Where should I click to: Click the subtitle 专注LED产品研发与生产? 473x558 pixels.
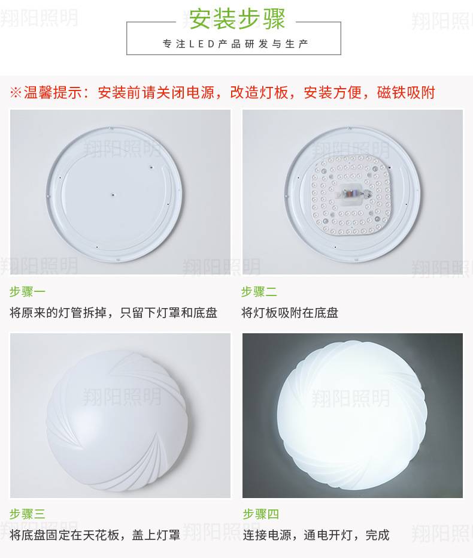pos(235,44)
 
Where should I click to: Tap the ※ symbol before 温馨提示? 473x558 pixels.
pos(16,92)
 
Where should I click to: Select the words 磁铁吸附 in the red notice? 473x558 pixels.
pos(406,92)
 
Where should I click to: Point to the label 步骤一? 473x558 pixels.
pos(28,292)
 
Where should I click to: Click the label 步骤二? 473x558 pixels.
pos(259,292)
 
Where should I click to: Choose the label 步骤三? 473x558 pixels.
pos(28,514)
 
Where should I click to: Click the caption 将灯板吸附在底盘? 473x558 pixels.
pos(290,313)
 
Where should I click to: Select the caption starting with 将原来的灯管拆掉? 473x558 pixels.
pos(114,313)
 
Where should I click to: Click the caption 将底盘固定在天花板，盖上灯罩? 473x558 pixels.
pos(95,535)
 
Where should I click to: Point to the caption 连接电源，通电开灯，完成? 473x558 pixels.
pos(316,535)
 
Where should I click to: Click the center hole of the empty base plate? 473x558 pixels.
pos(113,194)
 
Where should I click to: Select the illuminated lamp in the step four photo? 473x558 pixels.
pos(353,418)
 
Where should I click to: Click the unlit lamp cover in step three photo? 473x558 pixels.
pos(120,420)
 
